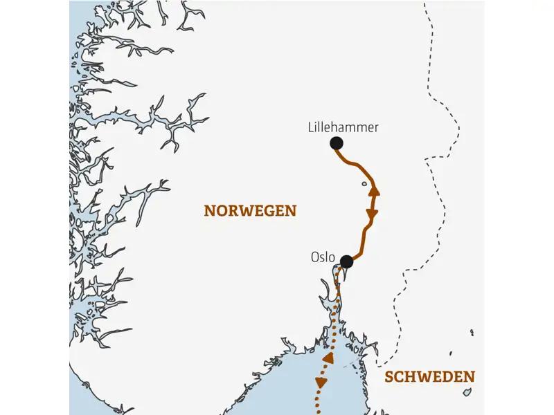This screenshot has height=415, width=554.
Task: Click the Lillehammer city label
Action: point(343,127)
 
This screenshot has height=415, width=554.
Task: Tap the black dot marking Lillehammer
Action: point(337,143)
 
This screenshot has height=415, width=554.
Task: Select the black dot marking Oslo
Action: point(347,262)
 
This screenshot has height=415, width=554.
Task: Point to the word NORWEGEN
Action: point(250,211)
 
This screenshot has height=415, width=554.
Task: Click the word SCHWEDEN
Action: point(430,377)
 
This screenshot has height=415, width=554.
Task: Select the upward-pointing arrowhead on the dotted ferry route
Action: point(328,358)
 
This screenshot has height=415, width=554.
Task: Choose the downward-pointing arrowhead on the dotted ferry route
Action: point(320,381)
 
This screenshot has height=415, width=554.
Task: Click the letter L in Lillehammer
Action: point(310,127)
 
